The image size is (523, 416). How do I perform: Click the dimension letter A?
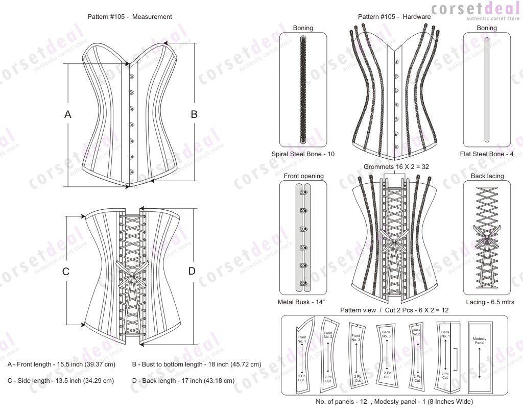[x=67, y=115]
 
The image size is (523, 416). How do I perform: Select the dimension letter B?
[x=194, y=115]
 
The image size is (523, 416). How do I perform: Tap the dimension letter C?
[x=66, y=272]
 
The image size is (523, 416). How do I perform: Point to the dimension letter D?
[x=192, y=271]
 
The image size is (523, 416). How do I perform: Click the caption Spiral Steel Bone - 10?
[x=303, y=154]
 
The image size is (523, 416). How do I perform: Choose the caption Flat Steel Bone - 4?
[x=486, y=154]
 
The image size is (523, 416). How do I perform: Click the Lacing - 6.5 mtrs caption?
[x=486, y=302]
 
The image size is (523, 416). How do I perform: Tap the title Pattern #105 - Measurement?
[x=130, y=17]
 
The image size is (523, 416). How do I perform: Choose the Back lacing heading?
[x=486, y=176]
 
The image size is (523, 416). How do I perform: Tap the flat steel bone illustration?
[x=486, y=89]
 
